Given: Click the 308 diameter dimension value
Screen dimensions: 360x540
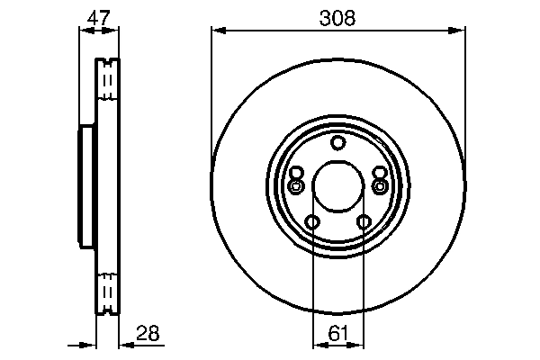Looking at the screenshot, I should pos(337,17).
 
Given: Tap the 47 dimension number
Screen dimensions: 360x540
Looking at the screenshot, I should pos(99,17).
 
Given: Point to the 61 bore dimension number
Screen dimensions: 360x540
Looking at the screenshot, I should pos(338,333).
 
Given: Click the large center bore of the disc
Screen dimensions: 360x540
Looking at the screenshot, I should pos(337,186).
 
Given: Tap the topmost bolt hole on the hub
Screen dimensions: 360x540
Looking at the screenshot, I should pos(337,142).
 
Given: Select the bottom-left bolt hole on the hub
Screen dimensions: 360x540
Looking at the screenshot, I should pos(312,222).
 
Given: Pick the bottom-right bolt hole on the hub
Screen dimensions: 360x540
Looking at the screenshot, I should pos(364,222).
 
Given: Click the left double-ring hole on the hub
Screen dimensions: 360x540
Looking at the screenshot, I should pos(296,186).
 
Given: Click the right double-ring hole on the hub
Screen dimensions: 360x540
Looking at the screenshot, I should pos(379,186).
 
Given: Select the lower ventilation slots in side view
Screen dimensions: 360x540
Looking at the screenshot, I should pos(107,292).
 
